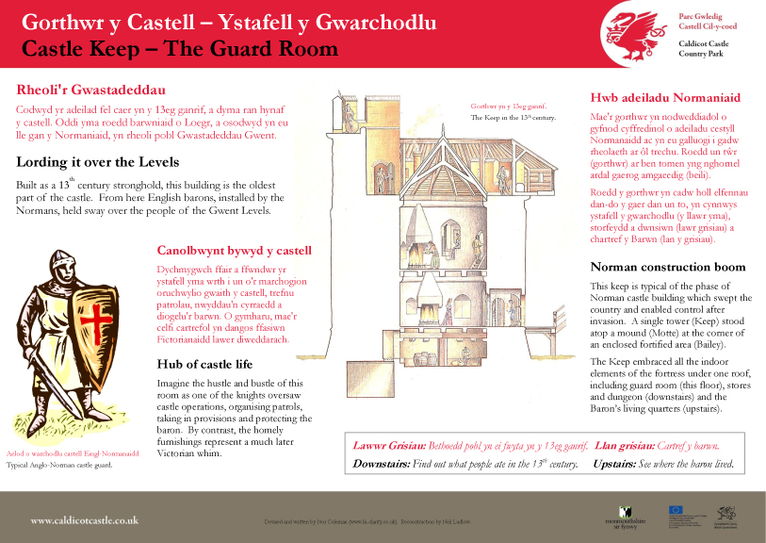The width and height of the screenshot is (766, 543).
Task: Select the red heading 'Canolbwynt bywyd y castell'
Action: (233, 251)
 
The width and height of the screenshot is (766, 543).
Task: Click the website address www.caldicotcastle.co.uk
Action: (85, 519)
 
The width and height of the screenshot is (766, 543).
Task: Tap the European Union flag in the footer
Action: (676, 510)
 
